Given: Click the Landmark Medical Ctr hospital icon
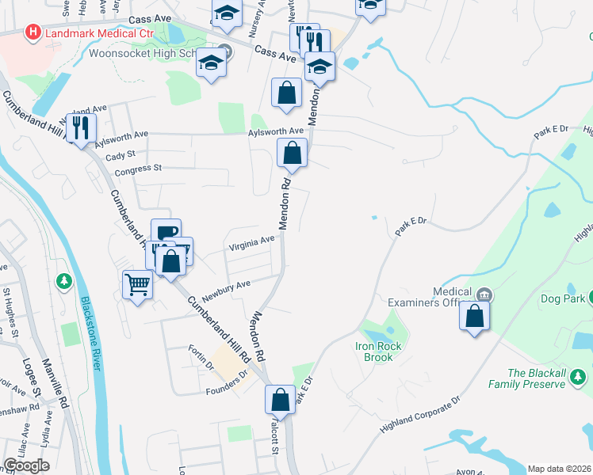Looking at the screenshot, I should coord(33,32).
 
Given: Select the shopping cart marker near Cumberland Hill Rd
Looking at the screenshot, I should coord(138,283).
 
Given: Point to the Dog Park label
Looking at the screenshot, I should coord(563,298).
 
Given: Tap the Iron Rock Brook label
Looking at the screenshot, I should coord(379,351).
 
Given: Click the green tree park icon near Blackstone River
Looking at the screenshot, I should coord(63,281).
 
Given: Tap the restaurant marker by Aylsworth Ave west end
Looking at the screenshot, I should coord(82,127).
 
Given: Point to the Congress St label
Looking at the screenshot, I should coord(138,169).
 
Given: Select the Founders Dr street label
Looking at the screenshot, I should coord(228,386).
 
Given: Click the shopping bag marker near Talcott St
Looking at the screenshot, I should coord(281,399).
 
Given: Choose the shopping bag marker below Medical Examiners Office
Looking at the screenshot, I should coord(474,316).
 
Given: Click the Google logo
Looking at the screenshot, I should coord(26,465).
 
